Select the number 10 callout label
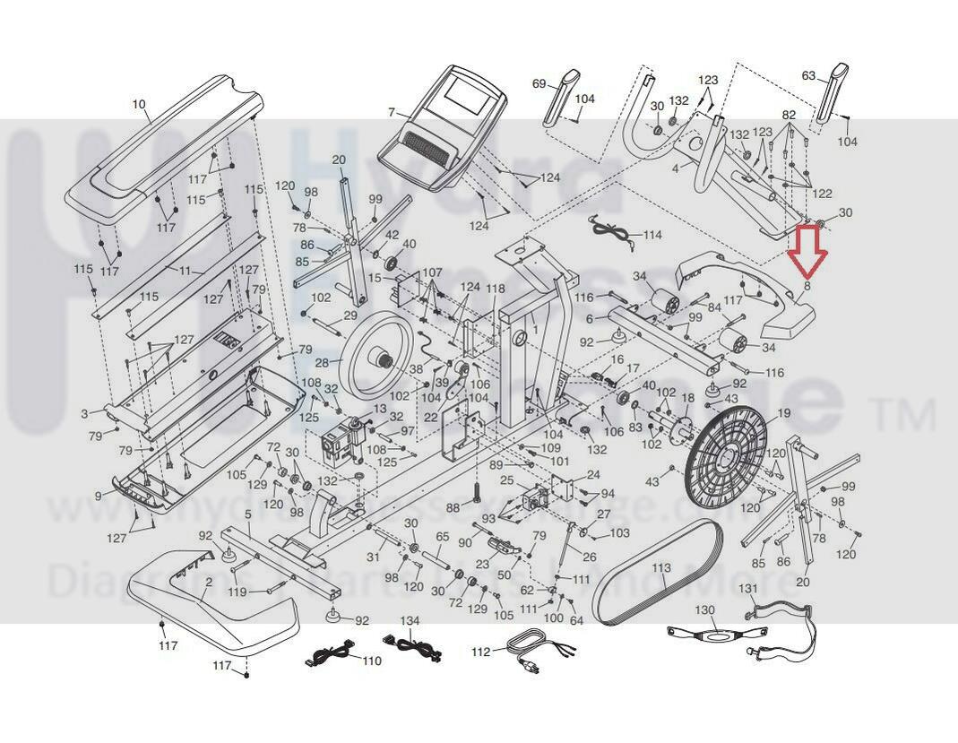point(139,105)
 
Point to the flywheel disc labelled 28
point(377,359)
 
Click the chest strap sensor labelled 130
point(712,636)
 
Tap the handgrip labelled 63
point(830,95)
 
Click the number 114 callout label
point(652,236)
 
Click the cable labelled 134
point(411,646)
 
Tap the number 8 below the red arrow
point(807,286)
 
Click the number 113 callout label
point(661,568)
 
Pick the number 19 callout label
point(784,413)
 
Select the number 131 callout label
point(747,588)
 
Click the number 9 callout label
point(98,496)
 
